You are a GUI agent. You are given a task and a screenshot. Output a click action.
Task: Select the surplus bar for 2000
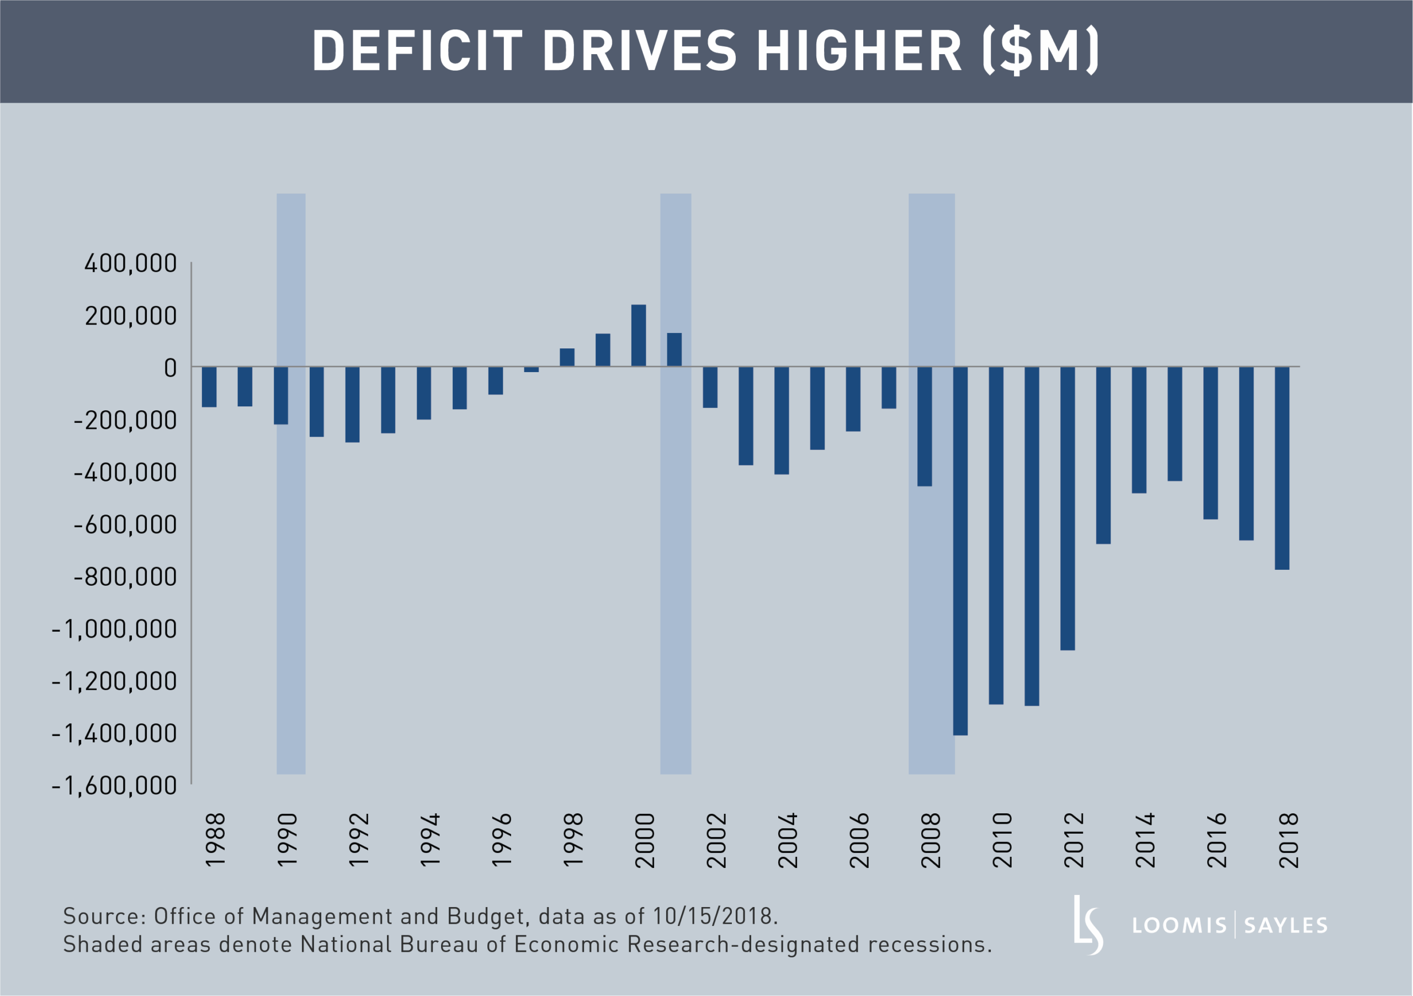pos(639,336)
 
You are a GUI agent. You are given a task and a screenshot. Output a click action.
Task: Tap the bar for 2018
pos(1282,468)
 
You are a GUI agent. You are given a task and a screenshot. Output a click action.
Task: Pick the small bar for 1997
pos(531,369)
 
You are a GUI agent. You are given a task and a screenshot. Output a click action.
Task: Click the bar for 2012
pos(1067,508)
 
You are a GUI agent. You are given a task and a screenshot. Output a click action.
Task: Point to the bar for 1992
pos(352,405)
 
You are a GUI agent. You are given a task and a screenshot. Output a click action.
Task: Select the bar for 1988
pos(209,386)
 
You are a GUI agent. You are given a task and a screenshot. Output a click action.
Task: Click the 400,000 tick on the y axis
pos(130,263)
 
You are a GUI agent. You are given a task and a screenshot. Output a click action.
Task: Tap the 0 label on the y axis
pos(171,368)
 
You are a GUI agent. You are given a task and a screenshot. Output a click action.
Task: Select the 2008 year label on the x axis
pos(931,840)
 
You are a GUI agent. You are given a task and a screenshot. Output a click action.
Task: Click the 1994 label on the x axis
pos(430,840)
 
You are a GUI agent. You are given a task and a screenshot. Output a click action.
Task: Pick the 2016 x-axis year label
pos(1217,840)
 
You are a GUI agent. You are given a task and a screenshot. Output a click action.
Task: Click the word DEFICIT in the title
pos(417,51)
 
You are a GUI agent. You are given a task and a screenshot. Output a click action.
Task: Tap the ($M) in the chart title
pos(1040,51)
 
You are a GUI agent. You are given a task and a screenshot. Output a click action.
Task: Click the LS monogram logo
pos(1088,925)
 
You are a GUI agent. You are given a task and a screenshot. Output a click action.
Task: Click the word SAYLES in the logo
pos(1285,926)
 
